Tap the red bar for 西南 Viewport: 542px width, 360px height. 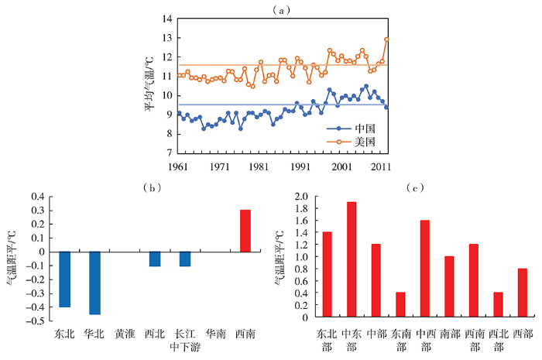(245, 231)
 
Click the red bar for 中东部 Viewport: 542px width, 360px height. (352, 259)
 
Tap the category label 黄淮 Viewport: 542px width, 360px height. (126, 334)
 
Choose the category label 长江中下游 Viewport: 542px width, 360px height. (185, 341)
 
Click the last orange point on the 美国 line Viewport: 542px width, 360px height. (386, 39)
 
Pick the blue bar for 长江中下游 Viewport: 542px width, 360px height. (185, 259)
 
